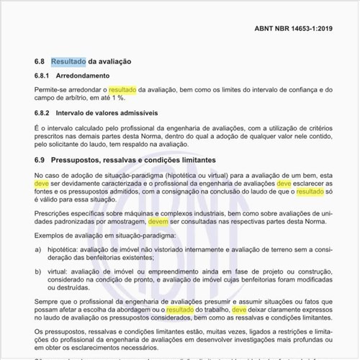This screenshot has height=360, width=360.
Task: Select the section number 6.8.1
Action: (x=45, y=76)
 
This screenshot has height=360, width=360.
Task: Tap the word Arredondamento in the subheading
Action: (x=89, y=76)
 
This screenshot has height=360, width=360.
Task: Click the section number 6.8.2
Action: (x=45, y=114)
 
